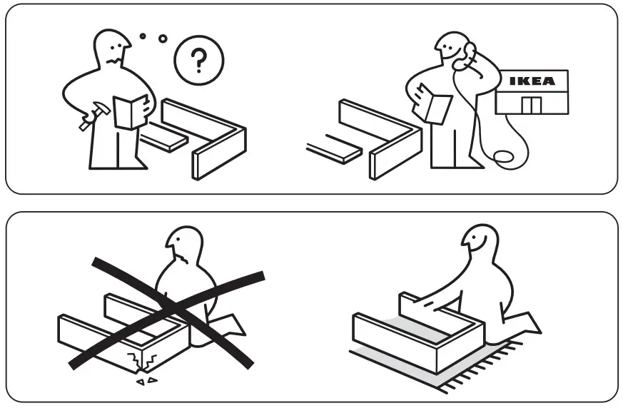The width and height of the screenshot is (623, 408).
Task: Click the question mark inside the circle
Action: point(199,62)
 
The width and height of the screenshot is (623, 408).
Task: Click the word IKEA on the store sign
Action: point(532,81)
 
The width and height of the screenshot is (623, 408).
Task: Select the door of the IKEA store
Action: point(531,104)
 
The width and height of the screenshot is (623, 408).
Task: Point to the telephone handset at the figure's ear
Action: point(467,53)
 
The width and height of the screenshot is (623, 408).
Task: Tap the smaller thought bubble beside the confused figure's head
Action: point(143,35)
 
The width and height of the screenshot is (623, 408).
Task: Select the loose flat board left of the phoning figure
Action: point(335,151)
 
